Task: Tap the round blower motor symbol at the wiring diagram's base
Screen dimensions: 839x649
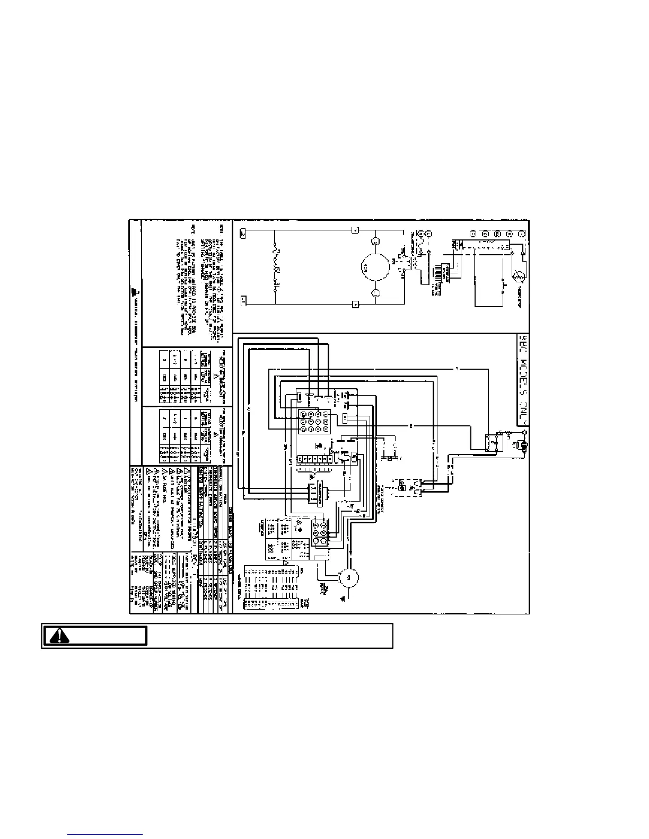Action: pyautogui.click(x=349, y=578)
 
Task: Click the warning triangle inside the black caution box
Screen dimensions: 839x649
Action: pyautogui.click(x=60, y=636)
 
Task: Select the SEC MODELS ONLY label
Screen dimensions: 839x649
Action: pyautogui.click(x=522, y=379)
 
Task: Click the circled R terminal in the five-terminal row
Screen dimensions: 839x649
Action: pyautogui.click(x=497, y=234)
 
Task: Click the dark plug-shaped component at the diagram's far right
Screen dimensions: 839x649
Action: pyautogui.click(x=524, y=448)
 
